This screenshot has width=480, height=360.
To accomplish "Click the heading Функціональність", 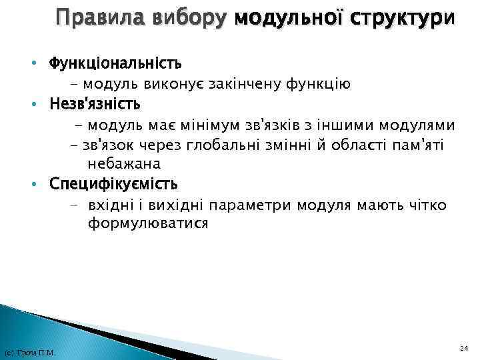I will click(115, 64).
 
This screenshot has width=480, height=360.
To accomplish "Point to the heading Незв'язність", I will click(95, 105).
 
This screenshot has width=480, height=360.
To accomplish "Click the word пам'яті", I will click(417, 145).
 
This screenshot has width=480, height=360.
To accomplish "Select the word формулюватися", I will click(147, 224).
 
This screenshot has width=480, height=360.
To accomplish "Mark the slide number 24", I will click(464, 348).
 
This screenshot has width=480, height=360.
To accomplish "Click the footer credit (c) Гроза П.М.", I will click(29, 352).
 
